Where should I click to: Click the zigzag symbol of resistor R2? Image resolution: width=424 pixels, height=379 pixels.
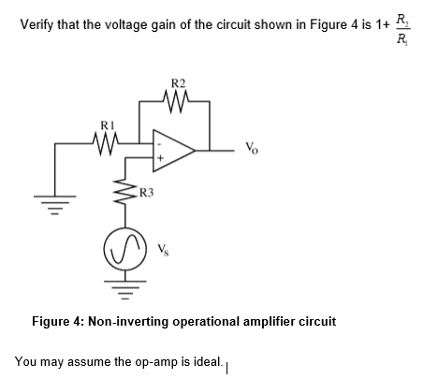click(x=177, y=98)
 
